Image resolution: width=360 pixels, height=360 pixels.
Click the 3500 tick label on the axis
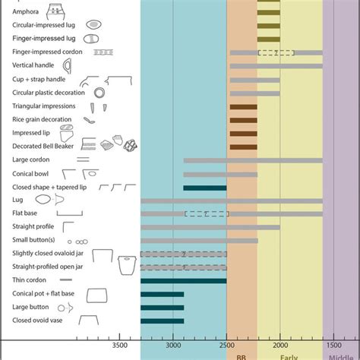pos(119,344)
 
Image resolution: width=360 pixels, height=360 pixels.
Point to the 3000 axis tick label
pos(173,344)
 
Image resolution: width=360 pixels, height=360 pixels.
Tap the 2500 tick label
pos(226,344)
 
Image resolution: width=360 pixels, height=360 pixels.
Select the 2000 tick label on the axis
pos(280,344)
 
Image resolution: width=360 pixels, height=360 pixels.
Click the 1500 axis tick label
pos(333,344)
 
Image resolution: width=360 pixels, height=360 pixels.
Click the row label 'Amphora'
pos(27,11)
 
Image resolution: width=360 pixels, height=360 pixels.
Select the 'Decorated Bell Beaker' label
pos(43,147)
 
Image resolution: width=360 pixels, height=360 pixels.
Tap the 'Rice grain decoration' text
pos(43,119)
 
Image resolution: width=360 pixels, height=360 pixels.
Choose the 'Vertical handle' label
pos(33,65)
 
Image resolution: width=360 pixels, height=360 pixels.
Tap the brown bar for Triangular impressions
pos(243,106)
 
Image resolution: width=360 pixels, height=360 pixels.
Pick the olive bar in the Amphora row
pos(269,11)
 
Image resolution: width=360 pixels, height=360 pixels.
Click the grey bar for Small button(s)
pos(199,241)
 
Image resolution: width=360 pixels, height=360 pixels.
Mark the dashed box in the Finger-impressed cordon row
pos(276,52)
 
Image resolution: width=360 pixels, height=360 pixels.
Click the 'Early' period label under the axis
pos(289,355)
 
